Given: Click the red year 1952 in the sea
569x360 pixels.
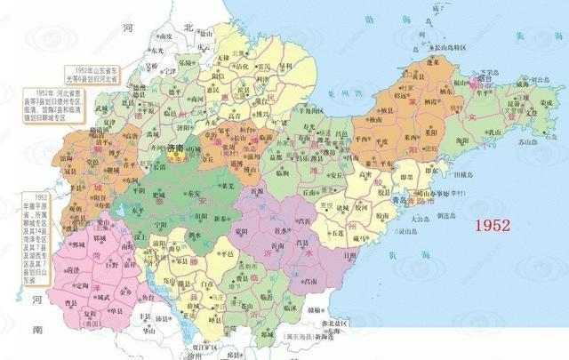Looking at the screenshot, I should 493,226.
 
